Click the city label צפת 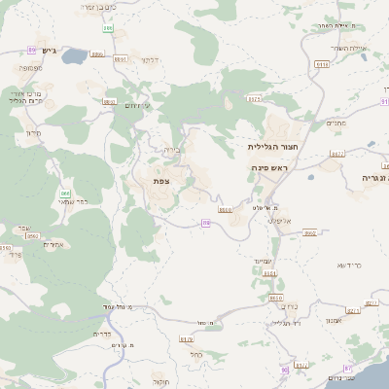coord(161,181)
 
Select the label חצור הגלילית coord(271,146)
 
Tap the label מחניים coord(336,123)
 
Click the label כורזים coord(275,305)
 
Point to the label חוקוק coord(160,382)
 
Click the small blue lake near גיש coord(74,55)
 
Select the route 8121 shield coord(255,99)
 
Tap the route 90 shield coord(284,370)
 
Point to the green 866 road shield coord(65,194)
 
